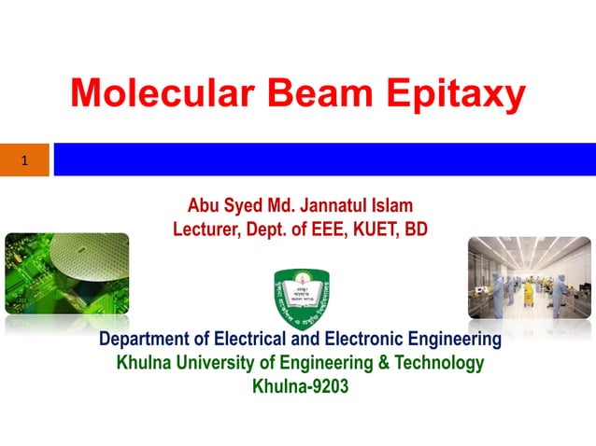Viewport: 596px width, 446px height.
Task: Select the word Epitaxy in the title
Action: point(459,94)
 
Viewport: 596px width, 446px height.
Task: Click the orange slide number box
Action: point(24,160)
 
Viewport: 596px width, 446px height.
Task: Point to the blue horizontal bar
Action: point(323,160)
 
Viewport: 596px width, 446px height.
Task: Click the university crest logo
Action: point(300,296)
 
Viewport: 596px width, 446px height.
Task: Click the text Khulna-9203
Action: point(300,386)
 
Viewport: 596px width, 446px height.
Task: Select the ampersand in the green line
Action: point(377,363)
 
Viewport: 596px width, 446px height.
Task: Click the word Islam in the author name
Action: point(392,205)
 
